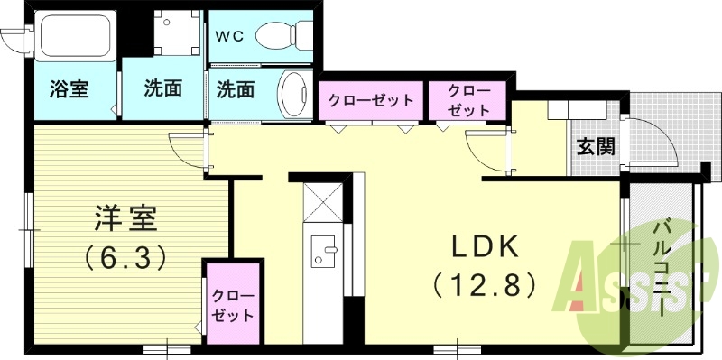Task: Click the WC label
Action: click(229, 37)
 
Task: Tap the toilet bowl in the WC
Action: click(282, 36)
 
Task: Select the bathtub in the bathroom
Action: click(75, 41)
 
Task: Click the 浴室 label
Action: click(69, 89)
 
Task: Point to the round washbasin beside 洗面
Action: click(292, 93)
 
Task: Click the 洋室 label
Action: click(126, 218)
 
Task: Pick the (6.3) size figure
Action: click(126, 258)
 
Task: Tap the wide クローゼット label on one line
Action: click(371, 99)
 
